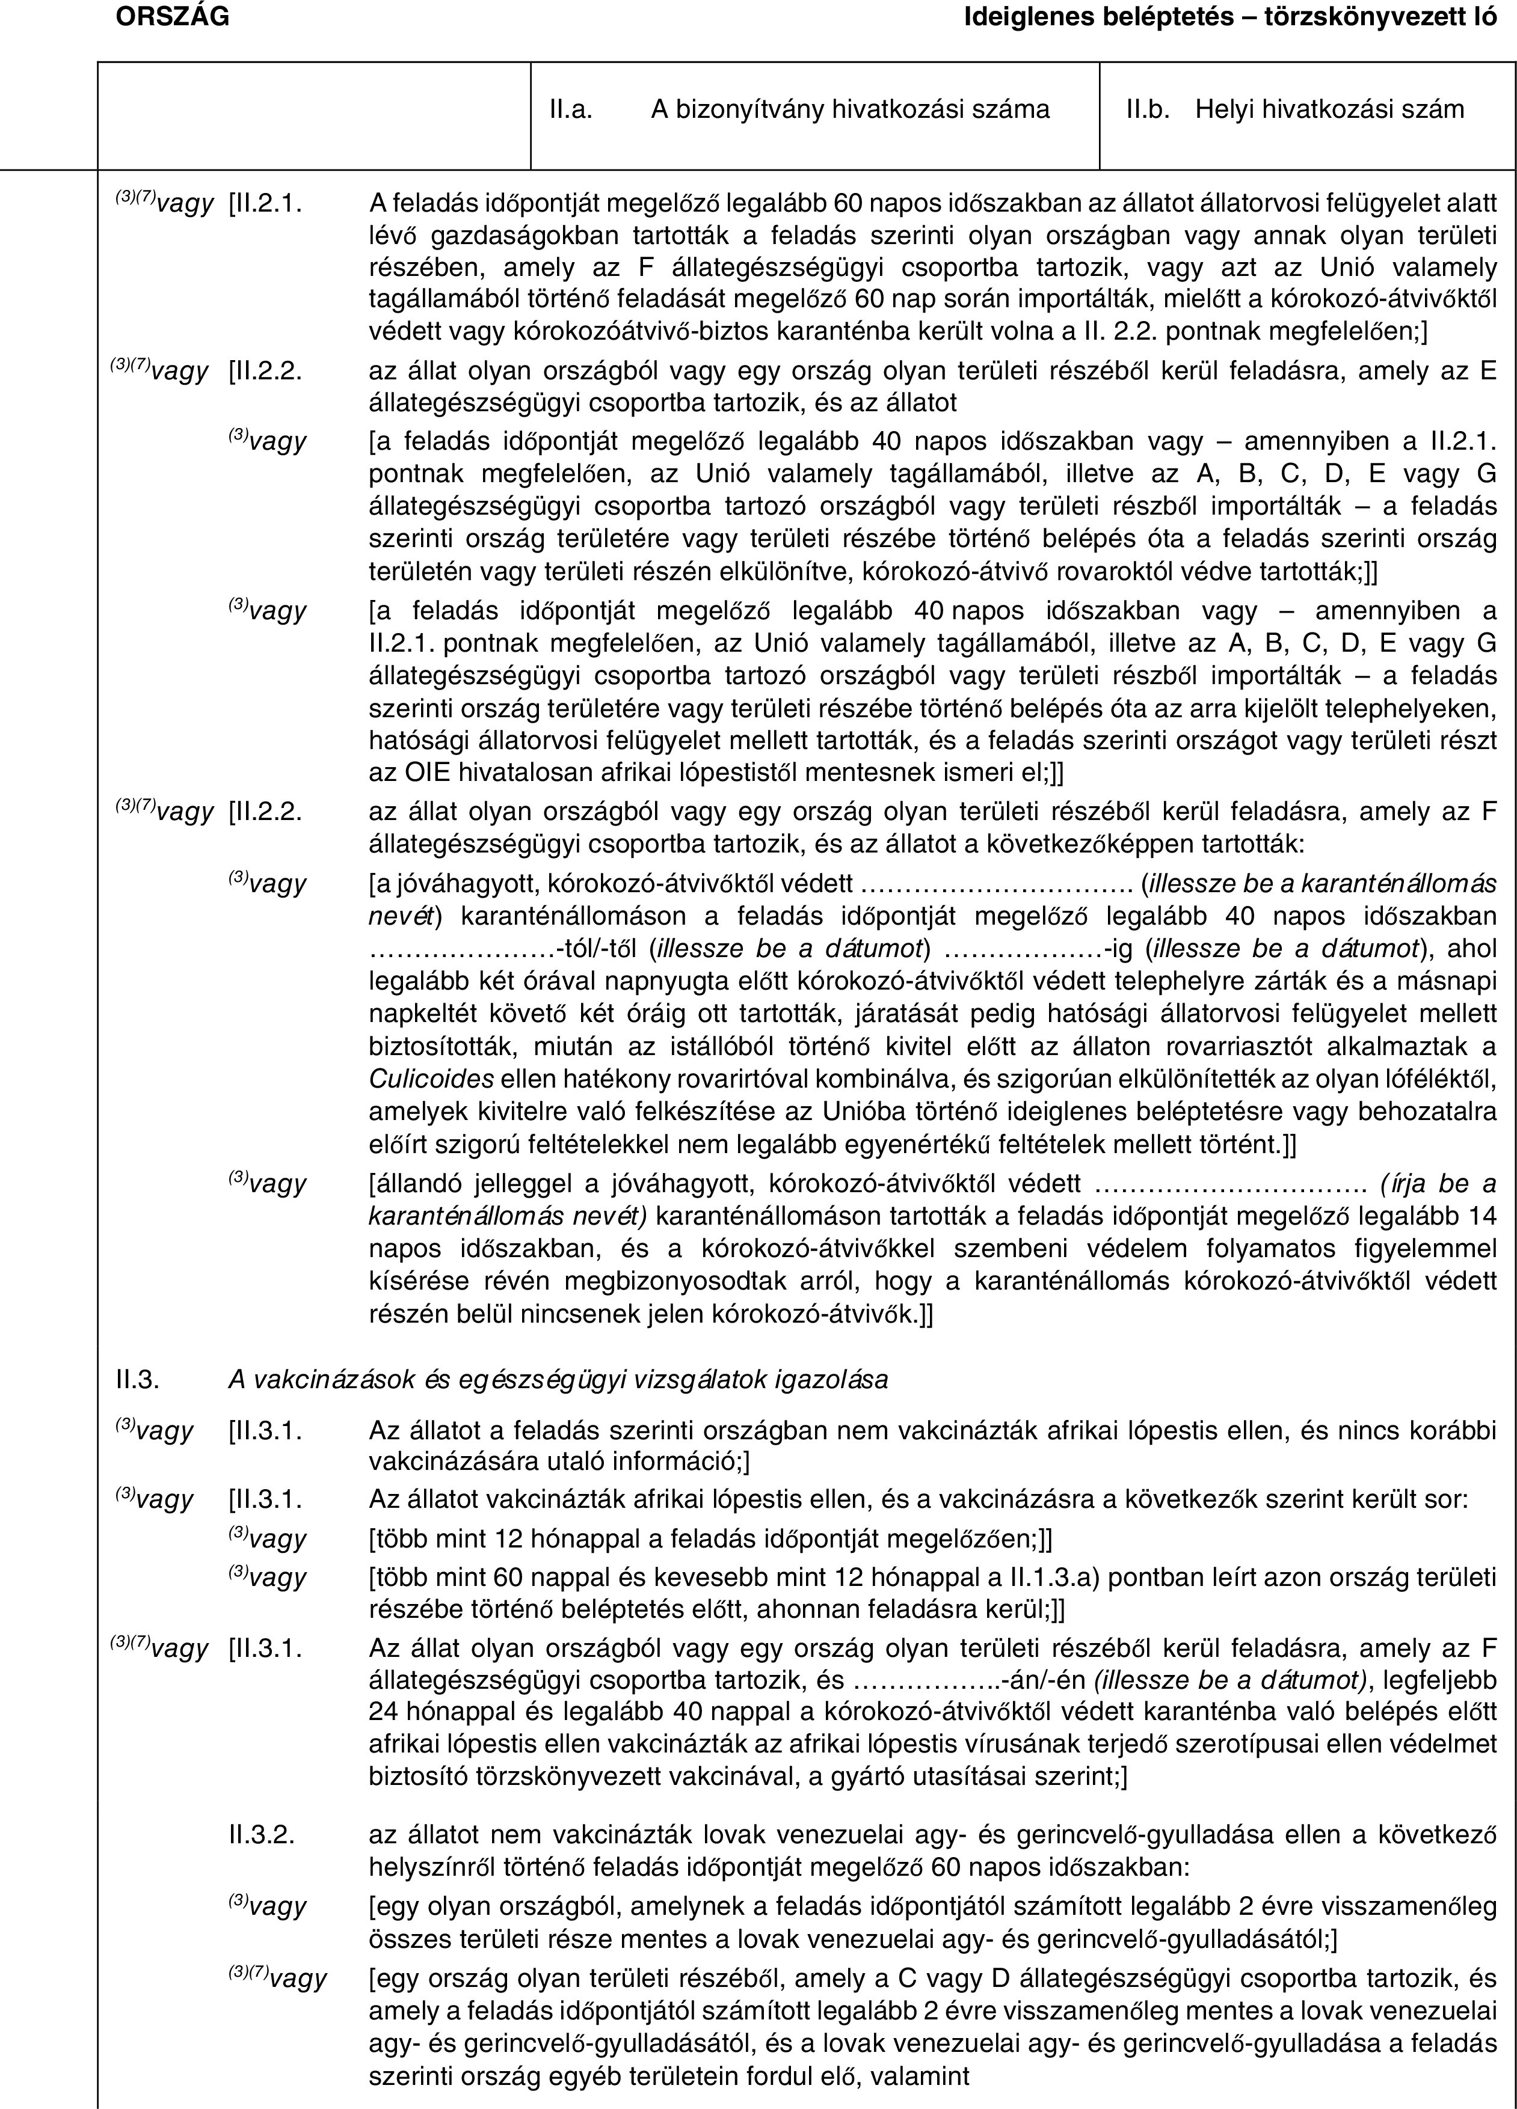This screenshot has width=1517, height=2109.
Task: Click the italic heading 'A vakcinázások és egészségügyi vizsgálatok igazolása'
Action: click(x=558, y=1380)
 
